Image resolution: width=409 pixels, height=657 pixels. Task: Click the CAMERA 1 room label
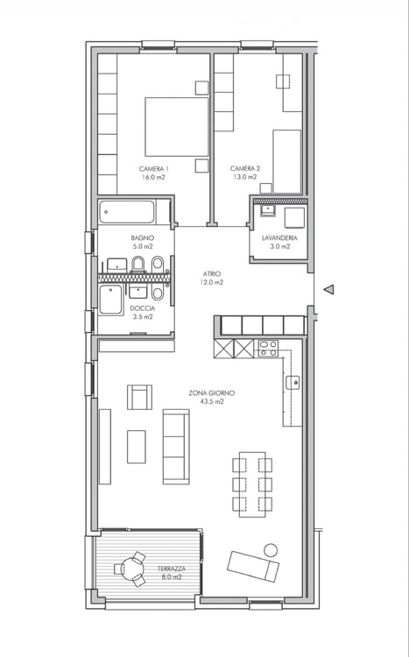pos(154,169)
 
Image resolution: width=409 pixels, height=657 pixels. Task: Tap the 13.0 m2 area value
pos(245,177)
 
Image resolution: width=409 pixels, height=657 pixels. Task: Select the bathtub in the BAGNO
pos(127,212)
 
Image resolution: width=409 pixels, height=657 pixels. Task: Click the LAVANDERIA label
pos(279,238)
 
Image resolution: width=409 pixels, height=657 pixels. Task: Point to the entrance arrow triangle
pos(329,289)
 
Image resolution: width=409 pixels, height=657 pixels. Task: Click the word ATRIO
pos(212,273)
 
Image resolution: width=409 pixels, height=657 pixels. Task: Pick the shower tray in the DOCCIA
pos(111,300)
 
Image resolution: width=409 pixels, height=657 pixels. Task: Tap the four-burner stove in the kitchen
pos(268,349)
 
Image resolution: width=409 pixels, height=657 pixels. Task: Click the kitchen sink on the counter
pos(293,383)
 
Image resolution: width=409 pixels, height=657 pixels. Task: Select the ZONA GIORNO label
pos(212,393)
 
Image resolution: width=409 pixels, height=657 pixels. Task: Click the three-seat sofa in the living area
pos(176,447)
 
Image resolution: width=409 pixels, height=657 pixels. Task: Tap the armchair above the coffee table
pos(139,397)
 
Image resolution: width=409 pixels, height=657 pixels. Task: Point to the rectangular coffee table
pos(137,447)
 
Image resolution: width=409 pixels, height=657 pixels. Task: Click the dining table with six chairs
pos(252,484)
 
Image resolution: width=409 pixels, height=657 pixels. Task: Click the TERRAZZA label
pos(172,569)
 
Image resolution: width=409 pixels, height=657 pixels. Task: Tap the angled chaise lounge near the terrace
pos(253,566)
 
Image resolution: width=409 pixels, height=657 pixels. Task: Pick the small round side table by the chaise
pos(271,550)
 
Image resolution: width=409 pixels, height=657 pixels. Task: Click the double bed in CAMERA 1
pos(176,127)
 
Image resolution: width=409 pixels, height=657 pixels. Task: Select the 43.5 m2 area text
pos(212,401)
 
